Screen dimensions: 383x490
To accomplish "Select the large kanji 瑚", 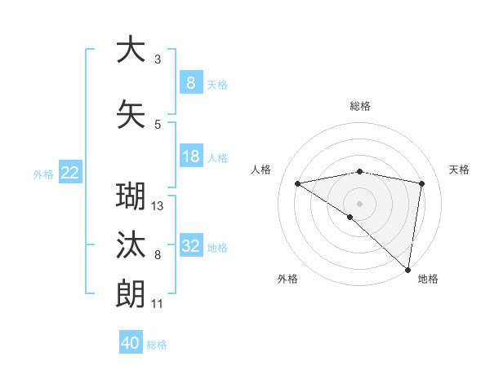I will click(131, 198).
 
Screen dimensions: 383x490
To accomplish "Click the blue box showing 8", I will click(190, 83).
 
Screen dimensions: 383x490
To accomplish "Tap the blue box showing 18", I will click(190, 156).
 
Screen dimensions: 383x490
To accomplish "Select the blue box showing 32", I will click(190, 246).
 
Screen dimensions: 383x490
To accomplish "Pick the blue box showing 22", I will click(70, 173).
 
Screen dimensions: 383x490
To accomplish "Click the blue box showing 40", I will click(131, 343).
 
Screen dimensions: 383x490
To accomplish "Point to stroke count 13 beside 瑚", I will click(158, 206).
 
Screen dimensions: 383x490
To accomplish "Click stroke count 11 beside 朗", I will click(158, 304).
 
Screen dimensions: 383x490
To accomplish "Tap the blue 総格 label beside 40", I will click(157, 345).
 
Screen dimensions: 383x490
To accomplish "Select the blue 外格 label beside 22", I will click(43, 174).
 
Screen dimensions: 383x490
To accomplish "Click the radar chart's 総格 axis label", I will click(359, 106).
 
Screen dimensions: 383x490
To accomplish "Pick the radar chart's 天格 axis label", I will click(460, 169).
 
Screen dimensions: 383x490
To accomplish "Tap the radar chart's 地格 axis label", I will click(428, 279).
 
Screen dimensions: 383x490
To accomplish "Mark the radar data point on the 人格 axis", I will click(297, 183).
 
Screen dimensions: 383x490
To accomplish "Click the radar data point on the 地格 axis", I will click(408, 269).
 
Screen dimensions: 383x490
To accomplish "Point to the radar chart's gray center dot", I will click(359, 203).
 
